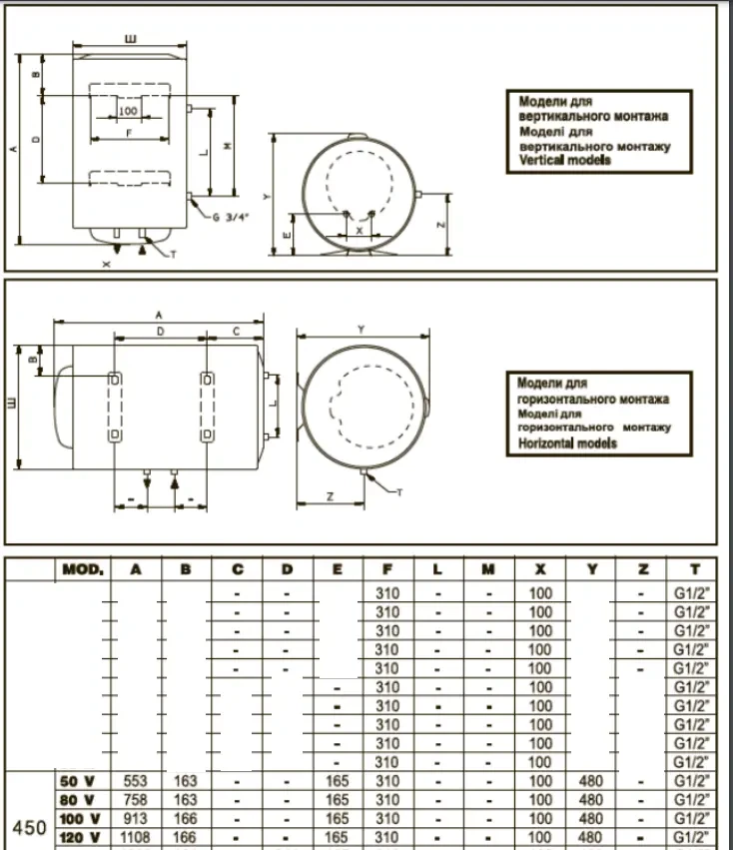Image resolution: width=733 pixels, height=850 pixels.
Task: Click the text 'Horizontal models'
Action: coord(567,442)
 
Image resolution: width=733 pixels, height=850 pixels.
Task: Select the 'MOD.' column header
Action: coord(83,569)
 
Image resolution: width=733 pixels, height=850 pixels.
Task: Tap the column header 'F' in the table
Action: coord(387,569)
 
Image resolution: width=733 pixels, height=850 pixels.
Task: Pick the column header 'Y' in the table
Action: coord(591,569)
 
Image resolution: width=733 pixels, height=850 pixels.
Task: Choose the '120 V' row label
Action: coord(80,837)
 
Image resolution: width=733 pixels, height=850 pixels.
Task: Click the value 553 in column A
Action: coord(136,781)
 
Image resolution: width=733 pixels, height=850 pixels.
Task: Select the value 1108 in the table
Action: coord(136,837)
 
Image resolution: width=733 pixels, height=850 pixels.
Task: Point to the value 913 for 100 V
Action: coord(136,818)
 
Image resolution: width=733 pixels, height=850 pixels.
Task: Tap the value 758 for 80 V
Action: coord(136,799)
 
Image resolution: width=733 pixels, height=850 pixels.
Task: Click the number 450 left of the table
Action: coord(28,827)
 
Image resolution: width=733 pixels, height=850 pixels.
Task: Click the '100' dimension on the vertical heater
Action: coord(128,111)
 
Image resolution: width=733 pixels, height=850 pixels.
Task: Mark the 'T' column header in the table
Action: coord(693,569)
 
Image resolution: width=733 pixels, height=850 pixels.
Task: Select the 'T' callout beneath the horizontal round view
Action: coord(399,492)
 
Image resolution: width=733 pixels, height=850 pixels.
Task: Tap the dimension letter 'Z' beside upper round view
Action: coord(441,227)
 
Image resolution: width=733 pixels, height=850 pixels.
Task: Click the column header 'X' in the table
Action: coord(540,569)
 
